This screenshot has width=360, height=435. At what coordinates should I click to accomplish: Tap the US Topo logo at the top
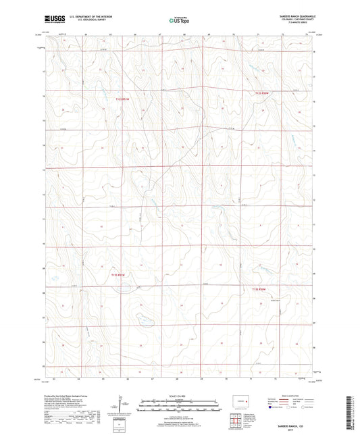[x=179, y=20]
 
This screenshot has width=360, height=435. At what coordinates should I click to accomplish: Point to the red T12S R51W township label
[x=122, y=99]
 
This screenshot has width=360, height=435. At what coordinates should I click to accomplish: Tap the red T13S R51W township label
[x=118, y=275]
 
